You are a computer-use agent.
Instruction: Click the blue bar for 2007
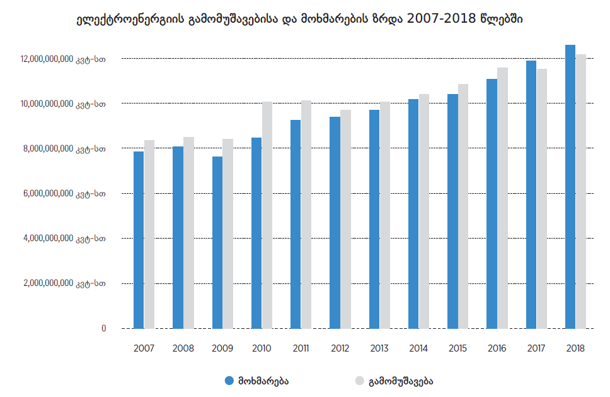tap(139, 240)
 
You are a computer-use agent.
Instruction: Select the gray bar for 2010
tap(267, 215)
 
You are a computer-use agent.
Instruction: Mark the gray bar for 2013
tap(385, 215)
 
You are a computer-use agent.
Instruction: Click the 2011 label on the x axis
tap(301, 348)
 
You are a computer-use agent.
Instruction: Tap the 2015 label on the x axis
tap(458, 348)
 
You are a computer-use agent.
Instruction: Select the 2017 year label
tap(536, 348)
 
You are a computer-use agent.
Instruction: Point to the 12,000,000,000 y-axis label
tap(62, 59)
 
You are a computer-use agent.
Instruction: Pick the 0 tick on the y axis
tap(103, 328)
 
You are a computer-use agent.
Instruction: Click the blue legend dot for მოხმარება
tap(229, 381)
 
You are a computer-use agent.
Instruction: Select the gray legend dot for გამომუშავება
tap(360, 381)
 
